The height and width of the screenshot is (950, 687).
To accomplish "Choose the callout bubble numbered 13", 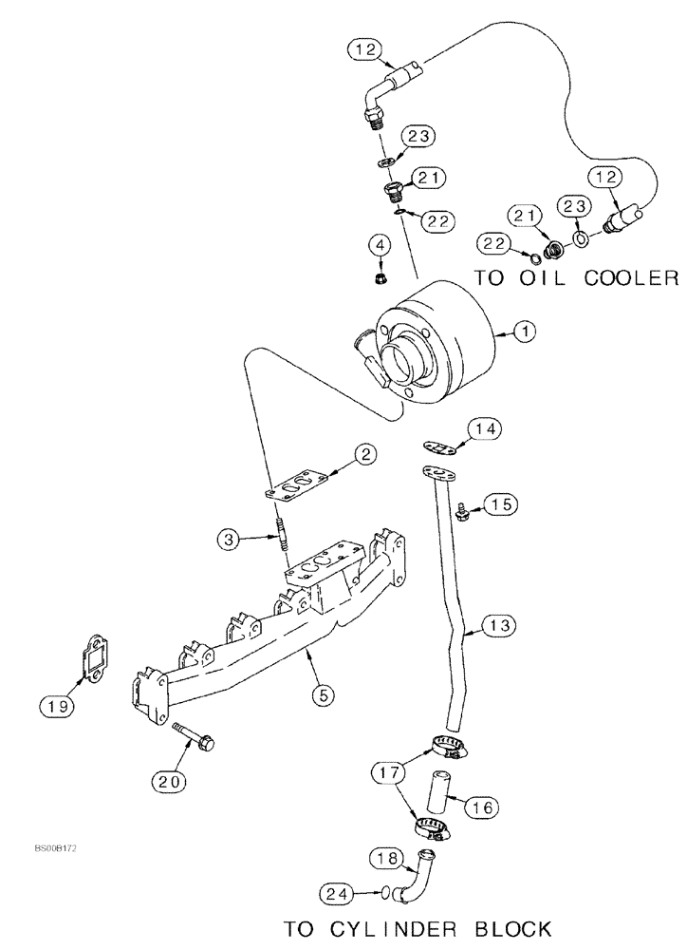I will point(500,624).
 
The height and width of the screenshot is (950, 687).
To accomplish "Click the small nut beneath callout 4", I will point(379,279).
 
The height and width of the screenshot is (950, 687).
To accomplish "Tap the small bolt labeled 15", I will point(464,512).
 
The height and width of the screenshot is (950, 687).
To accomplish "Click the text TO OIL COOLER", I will point(576,277).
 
